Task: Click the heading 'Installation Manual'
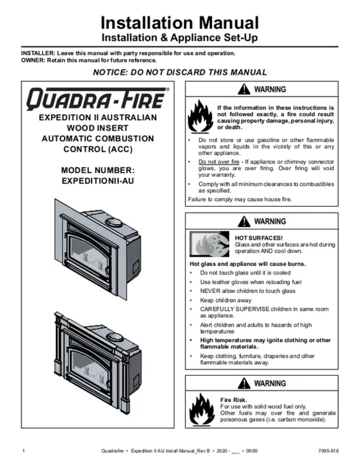pos(180,22)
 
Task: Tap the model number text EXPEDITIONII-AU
pos(97,182)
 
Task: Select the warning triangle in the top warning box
pos(244,89)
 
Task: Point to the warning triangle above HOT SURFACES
pos(244,221)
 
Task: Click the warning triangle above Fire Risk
pos(244,383)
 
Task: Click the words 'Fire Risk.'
pos(234,400)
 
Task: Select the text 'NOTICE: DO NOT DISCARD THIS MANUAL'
pos(180,72)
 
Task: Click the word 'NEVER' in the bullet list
pos(210,291)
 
